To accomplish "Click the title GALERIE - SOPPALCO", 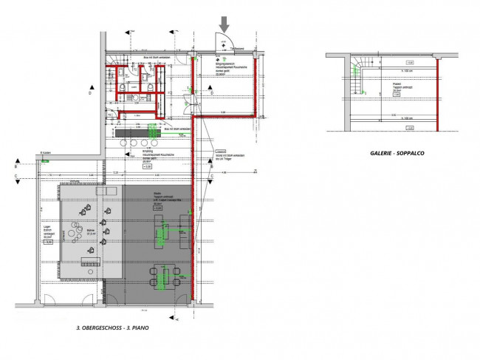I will (399, 154).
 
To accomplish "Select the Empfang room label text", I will (152, 156).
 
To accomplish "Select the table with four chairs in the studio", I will (164, 275).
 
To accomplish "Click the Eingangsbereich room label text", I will (224, 71).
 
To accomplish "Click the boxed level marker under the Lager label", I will (49, 242).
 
